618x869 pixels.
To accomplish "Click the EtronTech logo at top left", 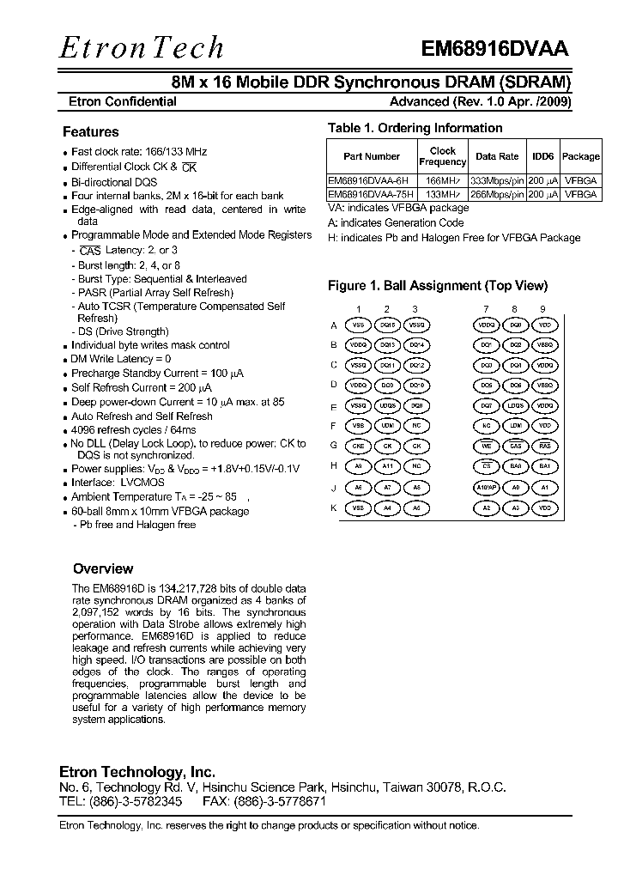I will [141, 47].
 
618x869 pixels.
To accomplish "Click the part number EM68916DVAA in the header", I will [494, 49].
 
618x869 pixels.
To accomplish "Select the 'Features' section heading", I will [90, 132].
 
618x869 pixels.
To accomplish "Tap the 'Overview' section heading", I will [103, 568].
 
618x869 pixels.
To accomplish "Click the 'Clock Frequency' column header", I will [442, 156].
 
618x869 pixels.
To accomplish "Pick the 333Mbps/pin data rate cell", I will [497, 181].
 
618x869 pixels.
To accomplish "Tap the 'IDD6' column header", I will [542, 156].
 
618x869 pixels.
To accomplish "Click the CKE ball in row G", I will [359, 447].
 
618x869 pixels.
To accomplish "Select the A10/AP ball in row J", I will [487, 487].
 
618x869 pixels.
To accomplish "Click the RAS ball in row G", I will [543, 447].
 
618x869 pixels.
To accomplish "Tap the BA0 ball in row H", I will [515, 466].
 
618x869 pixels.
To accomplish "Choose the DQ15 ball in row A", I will [387, 325].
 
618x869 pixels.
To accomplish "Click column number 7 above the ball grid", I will [487, 308].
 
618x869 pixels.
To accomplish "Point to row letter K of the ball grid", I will [334, 507].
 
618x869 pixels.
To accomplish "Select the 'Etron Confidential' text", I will [122, 101].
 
